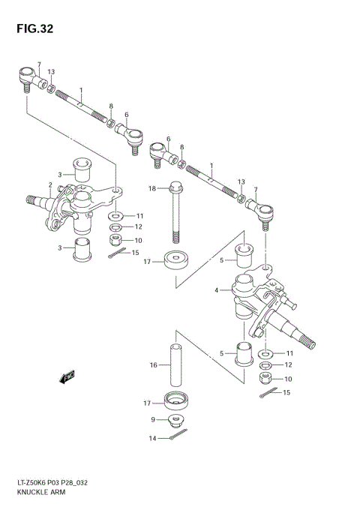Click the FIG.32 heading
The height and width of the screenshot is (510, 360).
pos(34,29)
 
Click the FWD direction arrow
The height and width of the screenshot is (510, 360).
pos(67,377)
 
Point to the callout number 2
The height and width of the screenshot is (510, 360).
pos(50,185)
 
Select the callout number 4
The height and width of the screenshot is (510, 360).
pos(217,290)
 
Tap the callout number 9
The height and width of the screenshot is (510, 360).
pos(153,419)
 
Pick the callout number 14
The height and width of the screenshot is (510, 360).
pos(152,439)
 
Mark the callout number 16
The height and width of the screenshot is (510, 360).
pos(153,365)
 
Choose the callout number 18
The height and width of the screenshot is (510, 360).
pos(152,188)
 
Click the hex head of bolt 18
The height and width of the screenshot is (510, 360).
pos(175,187)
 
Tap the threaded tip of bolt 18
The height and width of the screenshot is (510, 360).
pos(175,237)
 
